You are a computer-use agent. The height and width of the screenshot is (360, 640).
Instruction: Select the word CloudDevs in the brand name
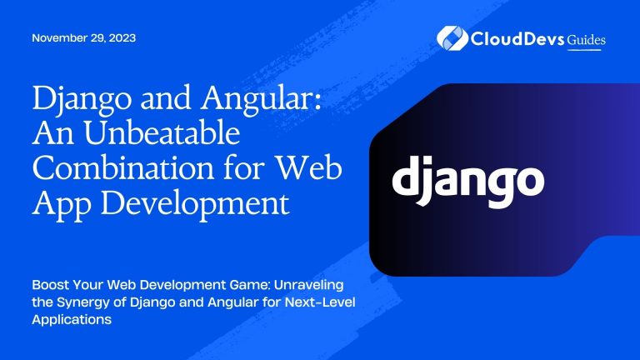click(512, 38)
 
